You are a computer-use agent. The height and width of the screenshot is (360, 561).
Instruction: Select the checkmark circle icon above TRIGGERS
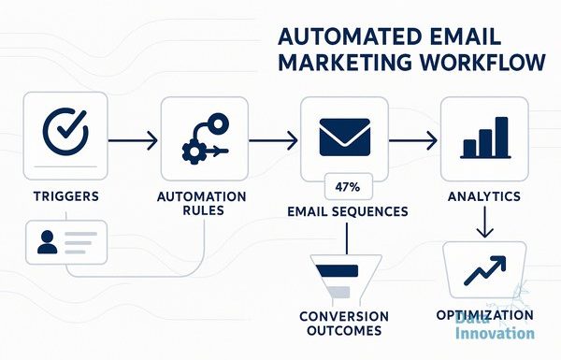point(65,131)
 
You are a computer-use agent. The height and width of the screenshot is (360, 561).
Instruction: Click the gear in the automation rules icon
point(194,152)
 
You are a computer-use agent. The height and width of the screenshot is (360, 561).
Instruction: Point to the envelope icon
point(344,137)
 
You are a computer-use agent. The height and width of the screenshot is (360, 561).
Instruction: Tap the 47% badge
point(348,186)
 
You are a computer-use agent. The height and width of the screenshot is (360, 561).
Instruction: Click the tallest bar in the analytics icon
point(501,137)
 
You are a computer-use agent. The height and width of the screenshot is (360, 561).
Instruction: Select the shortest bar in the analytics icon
point(469,148)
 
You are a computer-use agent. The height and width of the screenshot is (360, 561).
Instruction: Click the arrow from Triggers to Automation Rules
point(133,140)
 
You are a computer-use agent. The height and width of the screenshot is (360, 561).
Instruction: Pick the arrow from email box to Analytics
point(413,140)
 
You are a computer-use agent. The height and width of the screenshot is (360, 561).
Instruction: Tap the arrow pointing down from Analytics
point(484,222)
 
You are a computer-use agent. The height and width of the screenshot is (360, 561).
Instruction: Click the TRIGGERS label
point(66,196)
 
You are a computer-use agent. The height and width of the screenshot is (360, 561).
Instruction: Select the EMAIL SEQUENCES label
point(348,211)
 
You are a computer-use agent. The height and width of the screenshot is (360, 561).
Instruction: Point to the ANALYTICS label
point(484,196)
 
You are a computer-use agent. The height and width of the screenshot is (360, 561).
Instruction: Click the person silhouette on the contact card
point(48,242)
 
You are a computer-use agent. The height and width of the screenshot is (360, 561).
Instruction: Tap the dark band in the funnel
point(337,270)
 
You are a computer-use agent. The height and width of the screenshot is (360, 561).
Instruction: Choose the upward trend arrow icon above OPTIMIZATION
point(484,270)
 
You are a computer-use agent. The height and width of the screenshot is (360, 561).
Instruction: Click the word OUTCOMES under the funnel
point(344,330)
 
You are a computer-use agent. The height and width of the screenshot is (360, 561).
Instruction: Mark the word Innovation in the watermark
point(495,333)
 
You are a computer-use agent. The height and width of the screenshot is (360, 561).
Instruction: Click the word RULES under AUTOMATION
point(203,210)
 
